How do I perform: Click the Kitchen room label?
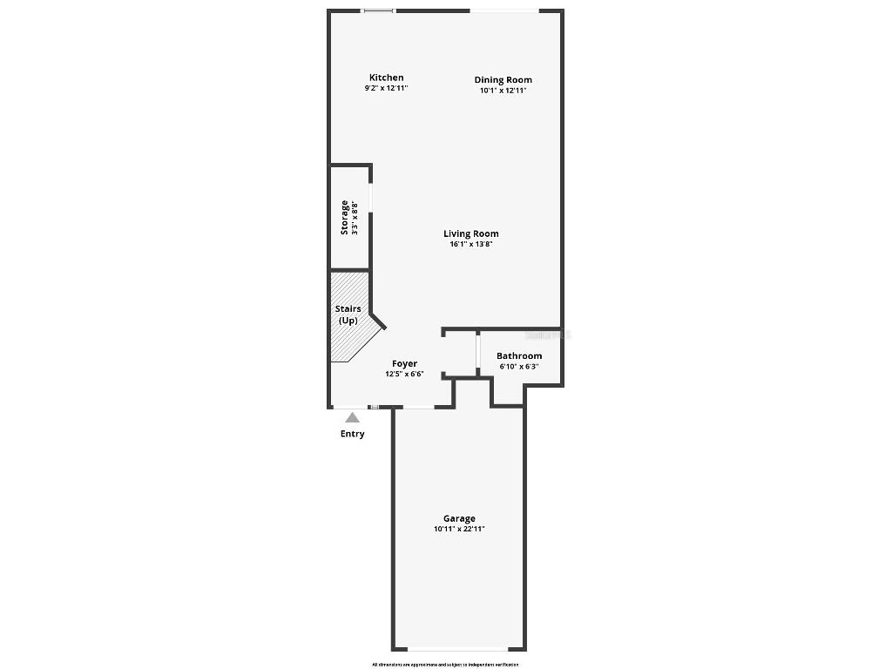point(386,78)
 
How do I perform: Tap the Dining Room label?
point(503,80)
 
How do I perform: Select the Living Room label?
point(470,233)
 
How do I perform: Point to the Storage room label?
point(345,217)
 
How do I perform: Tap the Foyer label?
point(404,363)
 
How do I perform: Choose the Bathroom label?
point(519,355)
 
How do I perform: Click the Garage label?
point(459,518)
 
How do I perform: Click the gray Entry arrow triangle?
point(352,418)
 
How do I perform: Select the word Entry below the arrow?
point(352,434)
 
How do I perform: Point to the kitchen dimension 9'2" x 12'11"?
point(386,88)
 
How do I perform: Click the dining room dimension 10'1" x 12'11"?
point(503,91)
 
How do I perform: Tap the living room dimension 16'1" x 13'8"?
point(470,245)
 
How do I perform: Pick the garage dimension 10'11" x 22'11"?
point(459,529)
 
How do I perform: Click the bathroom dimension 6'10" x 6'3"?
point(519,367)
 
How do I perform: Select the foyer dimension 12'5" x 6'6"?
point(404,375)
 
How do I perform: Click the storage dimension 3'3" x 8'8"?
point(355,217)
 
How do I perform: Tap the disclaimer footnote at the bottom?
point(445,664)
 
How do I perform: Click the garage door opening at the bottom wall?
point(459,649)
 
